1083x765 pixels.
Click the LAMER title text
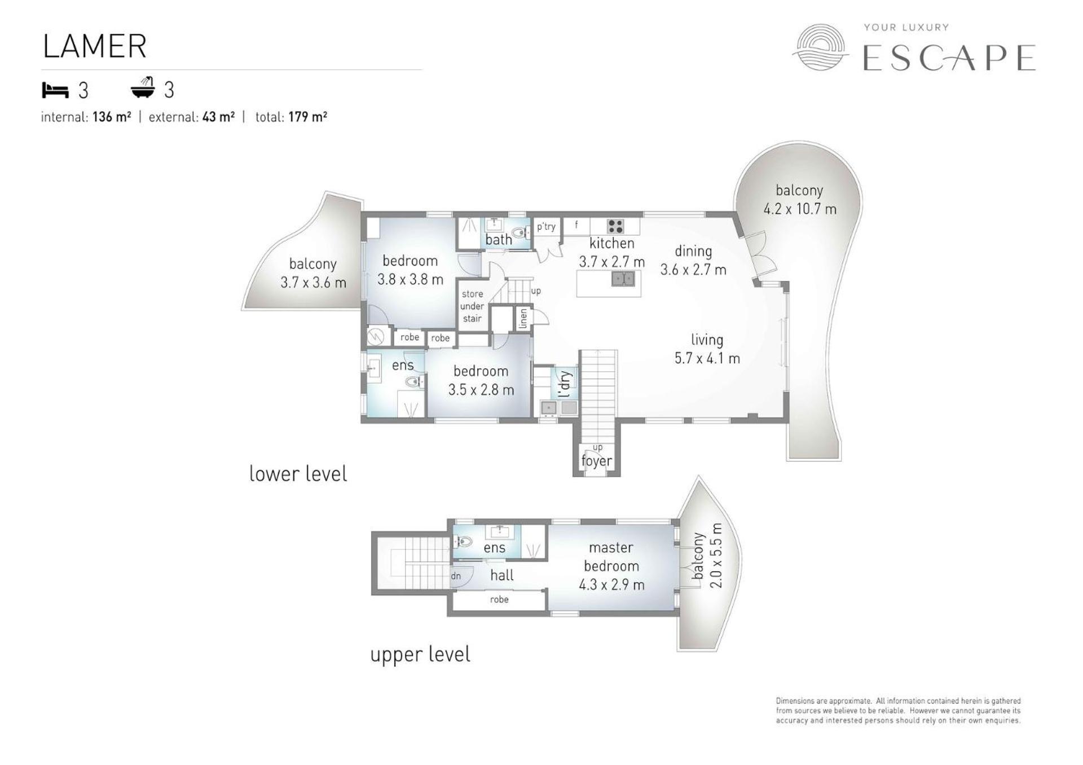tap(95, 46)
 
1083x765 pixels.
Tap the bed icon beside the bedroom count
tap(55, 90)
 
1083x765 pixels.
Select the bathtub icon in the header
tap(143, 88)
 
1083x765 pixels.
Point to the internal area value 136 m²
tap(112, 117)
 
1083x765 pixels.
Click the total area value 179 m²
tap(307, 117)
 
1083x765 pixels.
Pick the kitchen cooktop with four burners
tap(615, 226)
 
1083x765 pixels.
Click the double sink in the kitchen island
tap(623, 279)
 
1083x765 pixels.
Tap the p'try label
tap(546, 227)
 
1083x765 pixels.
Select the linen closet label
tap(523, 318)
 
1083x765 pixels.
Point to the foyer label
tap(597, 461)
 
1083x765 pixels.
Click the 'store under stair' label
tap(472, 306)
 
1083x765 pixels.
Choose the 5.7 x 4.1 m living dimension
tap(707, 358)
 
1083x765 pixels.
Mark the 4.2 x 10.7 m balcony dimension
tap(800, 209)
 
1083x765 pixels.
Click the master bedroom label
tap(611, 557)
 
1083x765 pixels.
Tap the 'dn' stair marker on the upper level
tap(456, 576)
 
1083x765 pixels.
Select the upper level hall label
tap(502, 575)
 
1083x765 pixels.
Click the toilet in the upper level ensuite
tap(463, 542)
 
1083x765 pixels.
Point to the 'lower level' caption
tap(298, 474)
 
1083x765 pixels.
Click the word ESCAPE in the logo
tap(949, 58)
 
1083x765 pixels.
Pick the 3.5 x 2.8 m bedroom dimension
tap(481, 390)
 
